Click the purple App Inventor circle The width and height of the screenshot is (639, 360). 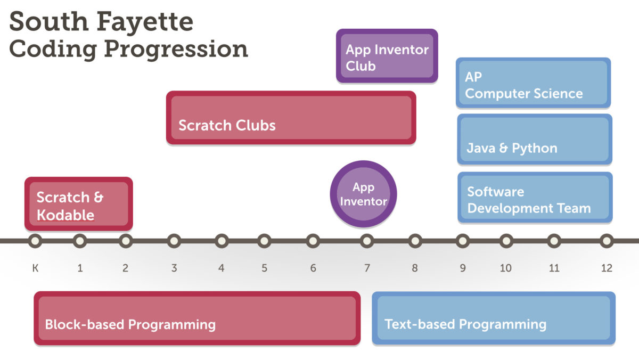click(x=364, y=194)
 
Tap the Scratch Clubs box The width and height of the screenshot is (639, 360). click(x=291, y=118)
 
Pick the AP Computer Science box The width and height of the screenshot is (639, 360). click(x=533, y=84)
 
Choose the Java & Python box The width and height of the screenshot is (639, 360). click(x=535, y=140)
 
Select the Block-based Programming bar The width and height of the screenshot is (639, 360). click(x=197, y=318)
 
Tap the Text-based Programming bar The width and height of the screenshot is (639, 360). click(x=494, y=318)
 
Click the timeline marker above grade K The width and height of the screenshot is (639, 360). click(x=35, y=241)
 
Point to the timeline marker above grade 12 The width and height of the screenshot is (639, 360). click(x=607, y=241)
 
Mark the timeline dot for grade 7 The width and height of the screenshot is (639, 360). click(x=366, y=241)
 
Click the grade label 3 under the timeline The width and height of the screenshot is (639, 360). click(x=174, y=268)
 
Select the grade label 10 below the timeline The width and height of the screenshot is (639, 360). click(x=506, y=268)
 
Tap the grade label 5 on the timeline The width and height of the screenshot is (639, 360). click(x=264, y=268)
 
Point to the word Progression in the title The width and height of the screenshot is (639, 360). click(x=176, y=48)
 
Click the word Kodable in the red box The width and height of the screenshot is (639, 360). click(x=65, y=215)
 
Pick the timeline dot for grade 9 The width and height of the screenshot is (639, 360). click(x=463, y=241)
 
